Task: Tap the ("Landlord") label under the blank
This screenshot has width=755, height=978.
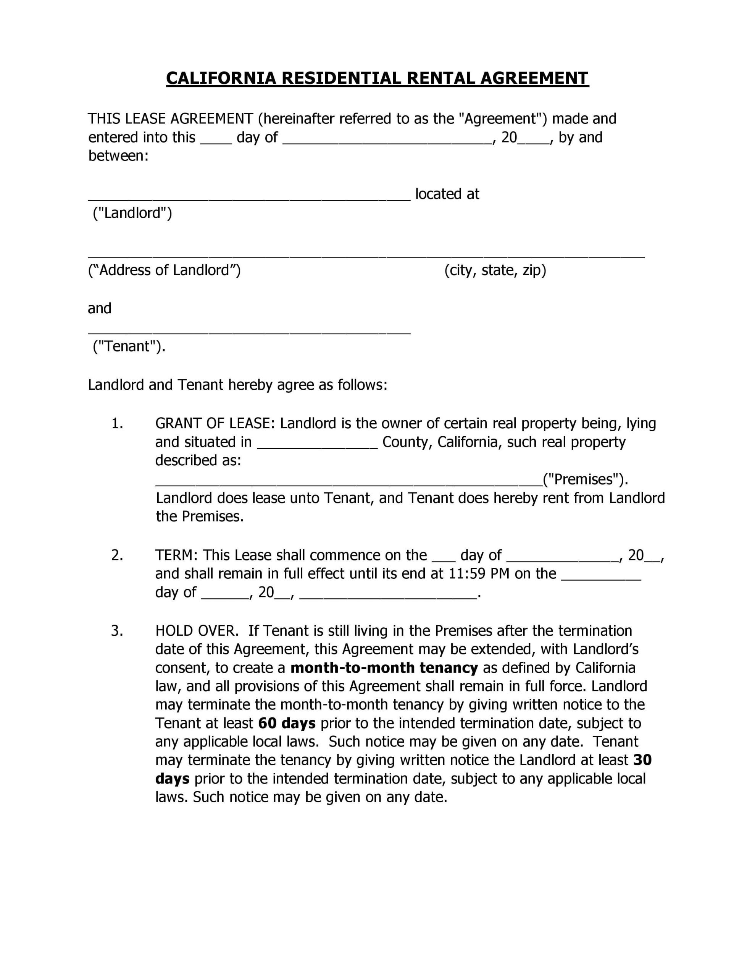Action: point(132,213)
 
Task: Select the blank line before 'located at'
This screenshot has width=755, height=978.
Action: point(249,198)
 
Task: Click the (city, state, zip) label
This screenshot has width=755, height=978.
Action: point(495,270)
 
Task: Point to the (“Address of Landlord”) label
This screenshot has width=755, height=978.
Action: point(164,270)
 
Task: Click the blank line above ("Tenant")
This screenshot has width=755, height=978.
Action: point(249,332)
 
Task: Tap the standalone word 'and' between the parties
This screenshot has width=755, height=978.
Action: point(99,309)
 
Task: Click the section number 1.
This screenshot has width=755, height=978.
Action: point(117,424)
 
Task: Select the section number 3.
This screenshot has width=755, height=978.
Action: point(117,631)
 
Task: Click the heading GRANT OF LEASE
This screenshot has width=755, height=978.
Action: point(213,424)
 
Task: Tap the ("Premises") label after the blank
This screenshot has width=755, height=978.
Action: point(584,479)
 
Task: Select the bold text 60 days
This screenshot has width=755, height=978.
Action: point(287,724)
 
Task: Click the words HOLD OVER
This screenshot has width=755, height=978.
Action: point(195,631)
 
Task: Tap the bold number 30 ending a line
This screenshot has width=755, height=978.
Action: point(642,760)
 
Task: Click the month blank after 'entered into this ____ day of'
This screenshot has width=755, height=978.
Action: point(387,141)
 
